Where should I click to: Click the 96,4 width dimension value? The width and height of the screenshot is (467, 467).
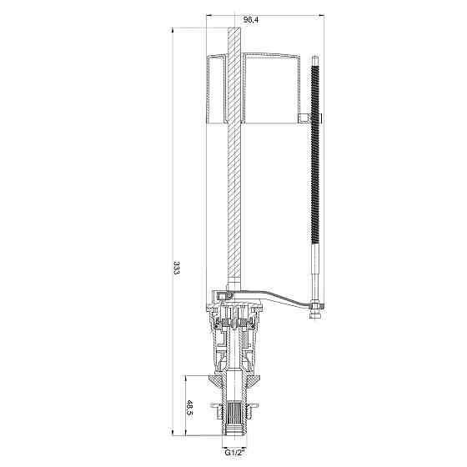(251, 20)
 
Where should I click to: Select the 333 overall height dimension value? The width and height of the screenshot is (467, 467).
(177, 268)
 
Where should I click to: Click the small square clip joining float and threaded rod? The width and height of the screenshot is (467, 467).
(304, 118)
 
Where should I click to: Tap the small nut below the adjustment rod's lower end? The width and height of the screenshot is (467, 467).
(315, 315)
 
